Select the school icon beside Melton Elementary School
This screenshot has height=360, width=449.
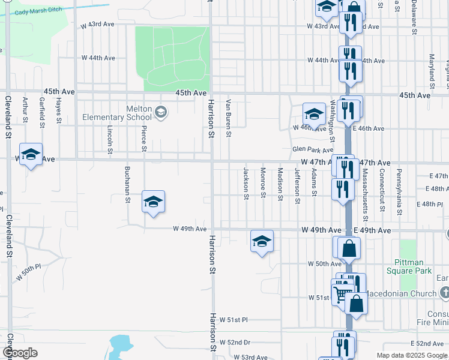coord(160,112)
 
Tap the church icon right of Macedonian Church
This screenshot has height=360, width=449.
coord(445,293)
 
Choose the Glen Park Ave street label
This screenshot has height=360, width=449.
coord(312,150)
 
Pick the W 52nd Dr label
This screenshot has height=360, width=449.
coord(235,342)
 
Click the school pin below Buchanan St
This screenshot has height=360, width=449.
coord(153,201)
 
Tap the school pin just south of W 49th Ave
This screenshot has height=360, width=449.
coord(262,241)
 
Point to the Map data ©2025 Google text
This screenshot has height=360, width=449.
coord(412,356)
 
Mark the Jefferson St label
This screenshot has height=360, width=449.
coord(297,186)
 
